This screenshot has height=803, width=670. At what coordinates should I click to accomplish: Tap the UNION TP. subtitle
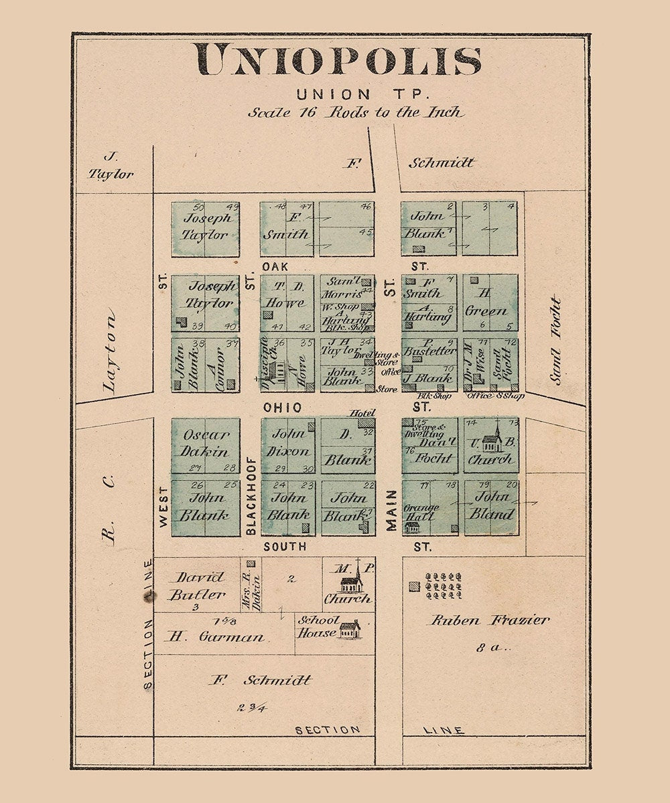tap(338, 95)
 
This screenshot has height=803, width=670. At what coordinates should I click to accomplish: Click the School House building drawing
tap(349, 629)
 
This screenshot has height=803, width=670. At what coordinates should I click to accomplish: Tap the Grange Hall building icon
tap(412, 527)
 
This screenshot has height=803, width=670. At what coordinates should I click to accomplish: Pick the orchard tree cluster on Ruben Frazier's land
tap(444, 585)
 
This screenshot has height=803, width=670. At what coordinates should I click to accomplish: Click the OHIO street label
tap(282, 408)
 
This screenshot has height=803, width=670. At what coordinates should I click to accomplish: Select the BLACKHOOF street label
tap(251, 495)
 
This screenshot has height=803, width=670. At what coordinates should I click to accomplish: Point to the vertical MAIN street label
tap(391, 511)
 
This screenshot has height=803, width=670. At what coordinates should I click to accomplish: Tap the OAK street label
tap(275, 266)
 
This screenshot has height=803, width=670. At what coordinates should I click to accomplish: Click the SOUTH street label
tap(285, 547)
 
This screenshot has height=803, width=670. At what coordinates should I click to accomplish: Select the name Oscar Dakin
tap(206, 442)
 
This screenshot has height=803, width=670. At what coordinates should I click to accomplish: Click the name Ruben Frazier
tap(489, 620)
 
